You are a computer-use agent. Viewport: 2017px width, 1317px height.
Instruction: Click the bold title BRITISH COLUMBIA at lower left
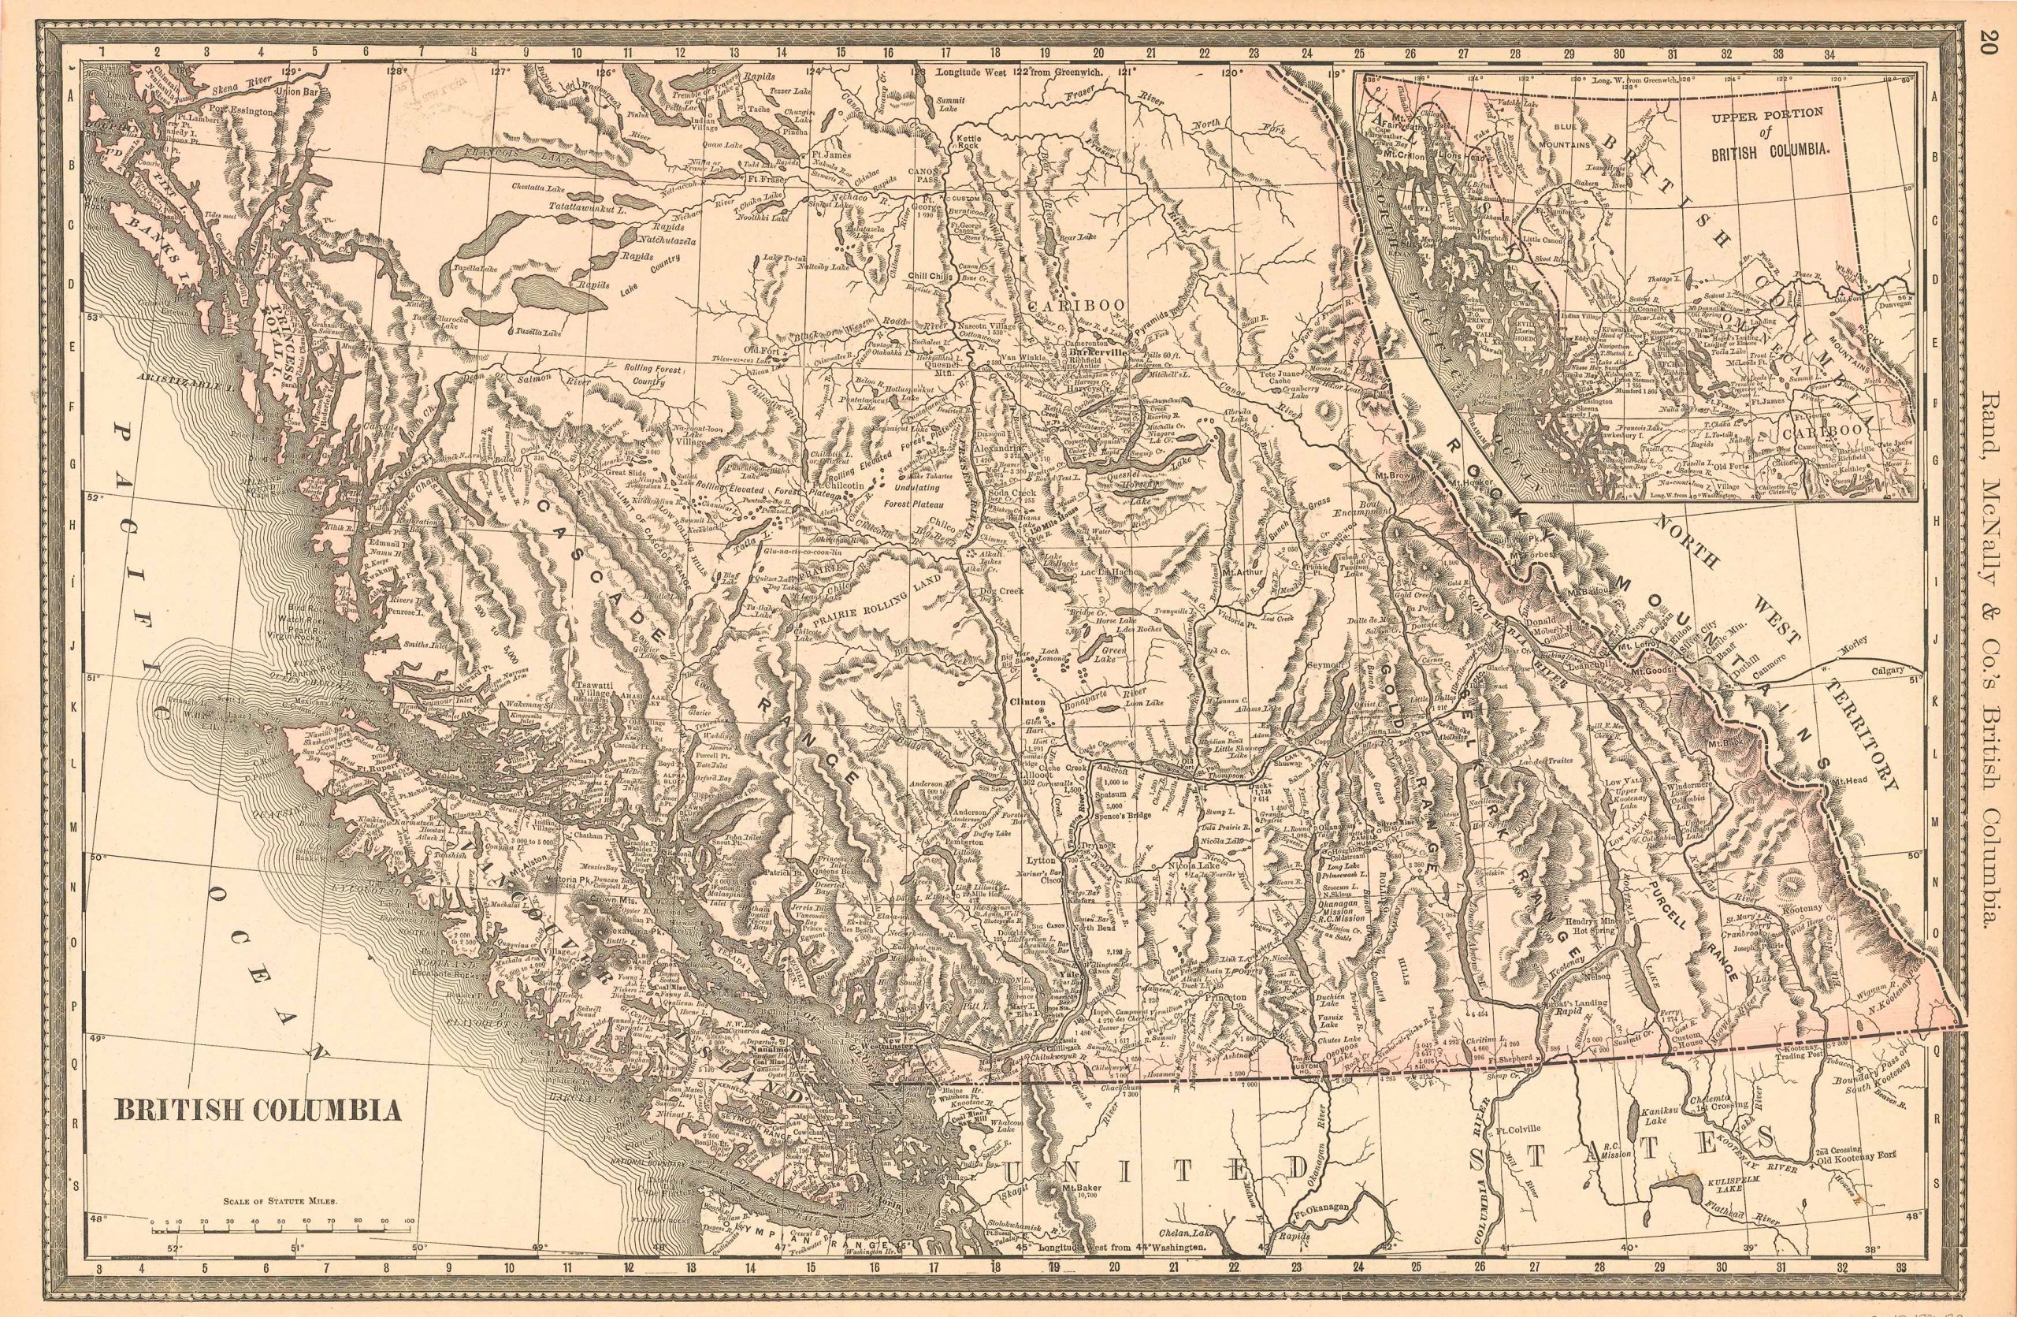click(x=258, y=1111)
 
